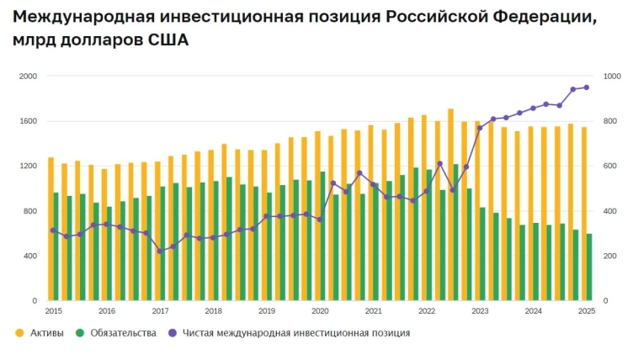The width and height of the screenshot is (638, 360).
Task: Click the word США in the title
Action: pos(167,40)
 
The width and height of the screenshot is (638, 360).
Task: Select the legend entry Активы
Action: pos(46,333)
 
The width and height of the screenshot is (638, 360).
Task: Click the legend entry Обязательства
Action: pos(121,333)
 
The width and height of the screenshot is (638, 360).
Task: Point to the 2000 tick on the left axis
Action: pos(28,77)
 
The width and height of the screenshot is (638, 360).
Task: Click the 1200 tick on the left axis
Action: pos(28,166)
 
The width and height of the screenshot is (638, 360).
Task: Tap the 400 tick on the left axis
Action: pos(29,256)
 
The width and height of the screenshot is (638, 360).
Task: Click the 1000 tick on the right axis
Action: pos(612,77)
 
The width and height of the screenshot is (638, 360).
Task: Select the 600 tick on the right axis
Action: pos(610,166)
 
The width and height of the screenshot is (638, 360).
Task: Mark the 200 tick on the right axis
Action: pos(610,256)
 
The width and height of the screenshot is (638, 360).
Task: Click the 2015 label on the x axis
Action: pos(53,311)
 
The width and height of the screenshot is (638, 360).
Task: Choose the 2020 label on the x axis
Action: pos(320,311)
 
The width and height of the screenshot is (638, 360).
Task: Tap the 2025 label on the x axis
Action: pos(587,311)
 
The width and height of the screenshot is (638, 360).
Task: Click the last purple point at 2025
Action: pos(587,87)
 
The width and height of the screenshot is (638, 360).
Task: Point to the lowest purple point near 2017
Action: pos(160,251)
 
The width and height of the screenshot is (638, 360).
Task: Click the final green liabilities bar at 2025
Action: pos(589,267)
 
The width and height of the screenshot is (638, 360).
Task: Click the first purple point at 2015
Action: pos(53,230)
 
